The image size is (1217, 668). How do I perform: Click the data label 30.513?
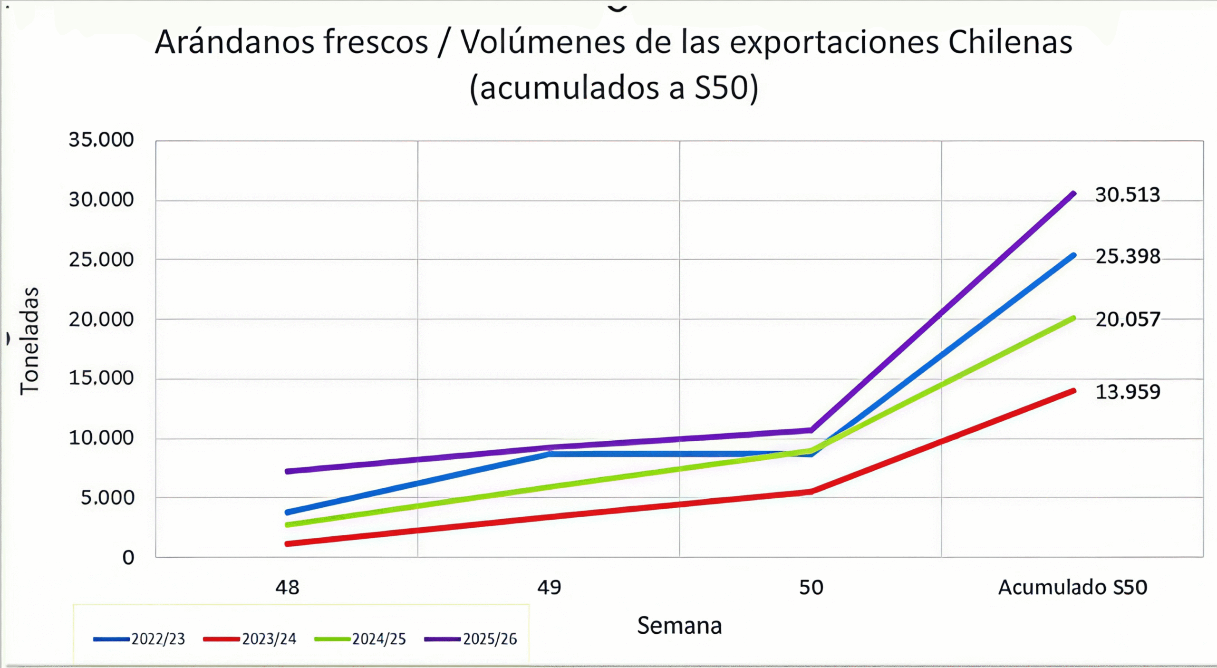[1127, 195]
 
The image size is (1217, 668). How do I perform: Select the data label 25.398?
[1128, 257]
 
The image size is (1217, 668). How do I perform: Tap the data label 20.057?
[1128, 319]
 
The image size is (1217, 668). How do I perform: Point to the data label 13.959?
[1128, 392]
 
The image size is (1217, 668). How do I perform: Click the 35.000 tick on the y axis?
[101, 140]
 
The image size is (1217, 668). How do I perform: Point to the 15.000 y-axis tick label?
[101, 378]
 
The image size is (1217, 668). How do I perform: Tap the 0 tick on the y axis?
[128, 557]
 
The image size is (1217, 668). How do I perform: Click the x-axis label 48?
[287, 588]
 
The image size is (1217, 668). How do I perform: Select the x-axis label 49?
[549, 588]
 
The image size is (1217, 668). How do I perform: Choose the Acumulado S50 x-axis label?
[1072, 588]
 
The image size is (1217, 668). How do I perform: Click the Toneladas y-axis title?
[29, 341]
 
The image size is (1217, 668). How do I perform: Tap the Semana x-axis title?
[679, 626]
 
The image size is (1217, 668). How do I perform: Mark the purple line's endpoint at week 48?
[287, 471]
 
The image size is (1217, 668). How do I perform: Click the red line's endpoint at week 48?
[287, 543]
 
